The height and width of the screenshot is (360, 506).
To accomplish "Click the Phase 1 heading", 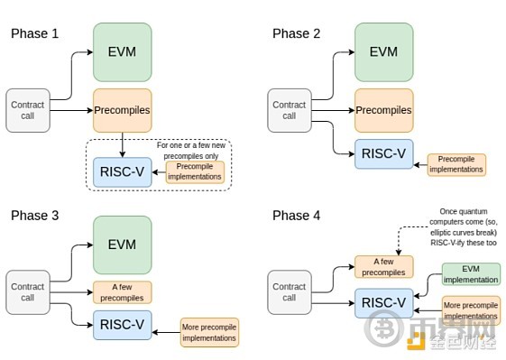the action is pos(35,33).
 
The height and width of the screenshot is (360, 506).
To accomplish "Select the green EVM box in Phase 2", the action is pos(383,52).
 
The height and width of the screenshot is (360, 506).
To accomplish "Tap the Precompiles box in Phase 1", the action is pos(123,110).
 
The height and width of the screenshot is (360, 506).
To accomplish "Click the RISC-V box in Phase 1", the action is pos(123,172).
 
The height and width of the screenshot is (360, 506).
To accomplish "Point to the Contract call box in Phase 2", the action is pos(290,110).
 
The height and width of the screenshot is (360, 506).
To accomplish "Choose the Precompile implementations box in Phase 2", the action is pos(456,165).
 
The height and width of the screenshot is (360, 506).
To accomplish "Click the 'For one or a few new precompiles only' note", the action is pos(191,151).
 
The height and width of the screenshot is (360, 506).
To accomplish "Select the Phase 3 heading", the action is pos(35,216).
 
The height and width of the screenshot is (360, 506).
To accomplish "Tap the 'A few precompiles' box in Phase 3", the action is pos(123,292).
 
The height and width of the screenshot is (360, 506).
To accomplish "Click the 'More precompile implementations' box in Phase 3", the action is pos(209,333).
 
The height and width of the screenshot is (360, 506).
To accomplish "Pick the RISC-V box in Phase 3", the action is pos(123,325).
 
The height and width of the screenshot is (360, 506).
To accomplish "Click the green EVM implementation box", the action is pos(471,274).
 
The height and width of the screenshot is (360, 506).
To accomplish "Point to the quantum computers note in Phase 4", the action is pos(464,227).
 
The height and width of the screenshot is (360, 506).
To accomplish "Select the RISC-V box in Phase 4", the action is pos(383,303).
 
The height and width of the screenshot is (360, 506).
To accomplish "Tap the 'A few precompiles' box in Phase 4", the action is pos(383,267).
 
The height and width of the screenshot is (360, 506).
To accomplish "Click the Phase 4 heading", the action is pos(296,216).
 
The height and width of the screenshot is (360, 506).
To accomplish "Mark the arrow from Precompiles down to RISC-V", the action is pos(123,145).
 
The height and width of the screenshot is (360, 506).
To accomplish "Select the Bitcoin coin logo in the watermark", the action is pos(384,328).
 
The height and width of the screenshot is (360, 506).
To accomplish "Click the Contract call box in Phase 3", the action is pos(28,292).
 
